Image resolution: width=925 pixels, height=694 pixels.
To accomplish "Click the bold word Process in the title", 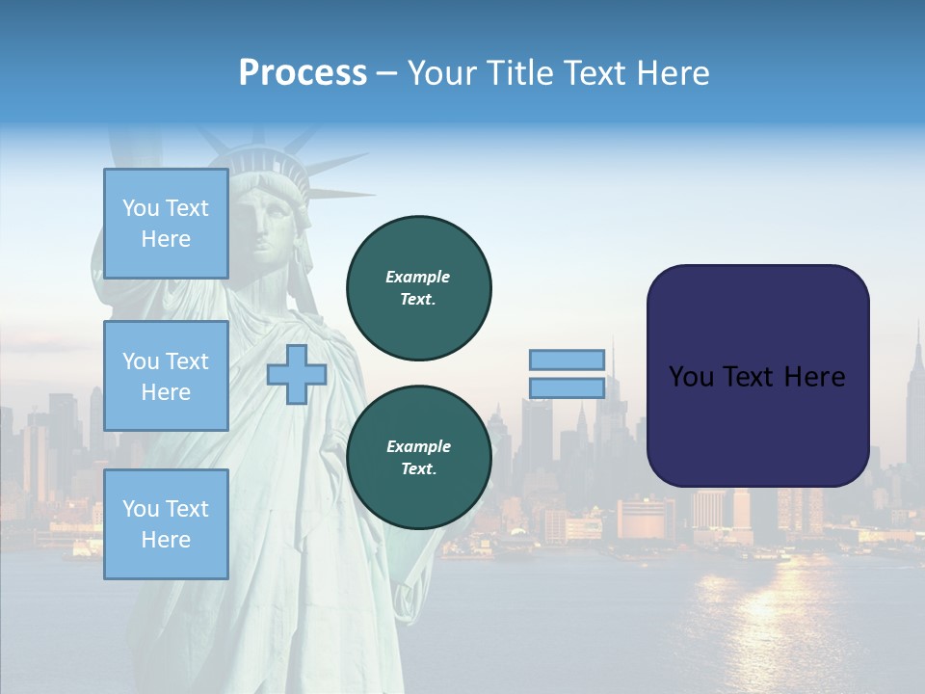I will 303,73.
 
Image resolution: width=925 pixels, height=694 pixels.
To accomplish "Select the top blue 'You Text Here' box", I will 166,224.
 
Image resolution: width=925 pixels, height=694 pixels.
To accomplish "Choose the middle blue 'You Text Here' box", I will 166,376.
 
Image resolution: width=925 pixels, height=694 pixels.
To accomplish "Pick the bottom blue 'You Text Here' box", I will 166,523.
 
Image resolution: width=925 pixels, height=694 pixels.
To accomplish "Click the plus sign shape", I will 297,374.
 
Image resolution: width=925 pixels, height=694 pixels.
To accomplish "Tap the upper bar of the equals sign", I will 568,360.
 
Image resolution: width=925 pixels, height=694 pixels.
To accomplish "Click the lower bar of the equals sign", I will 568,387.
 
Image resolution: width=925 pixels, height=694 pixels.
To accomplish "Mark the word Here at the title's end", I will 674,73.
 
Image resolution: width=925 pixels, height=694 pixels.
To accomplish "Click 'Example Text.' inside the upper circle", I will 418,287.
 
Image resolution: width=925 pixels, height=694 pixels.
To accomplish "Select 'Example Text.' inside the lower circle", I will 418,457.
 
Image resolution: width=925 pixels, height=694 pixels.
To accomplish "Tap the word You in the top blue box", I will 140,208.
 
